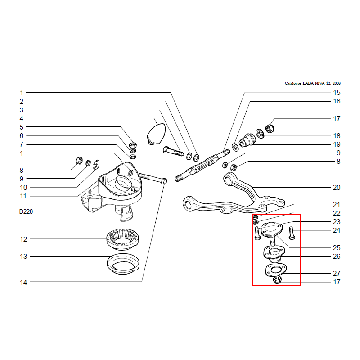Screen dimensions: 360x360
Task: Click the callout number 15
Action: coord(337,93)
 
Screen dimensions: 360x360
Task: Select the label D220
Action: coord(26,211)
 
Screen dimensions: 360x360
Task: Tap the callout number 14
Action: coord(23,283)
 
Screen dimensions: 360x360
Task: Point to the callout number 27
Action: coord(337,274)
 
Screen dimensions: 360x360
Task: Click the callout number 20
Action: coord(337,188)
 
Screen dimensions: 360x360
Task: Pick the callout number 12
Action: coord(23,239)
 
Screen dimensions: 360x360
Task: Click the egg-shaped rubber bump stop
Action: coord(156,134)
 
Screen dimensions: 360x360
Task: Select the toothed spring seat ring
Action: coord(122,239)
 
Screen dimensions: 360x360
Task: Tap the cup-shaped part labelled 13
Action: coord(123,264)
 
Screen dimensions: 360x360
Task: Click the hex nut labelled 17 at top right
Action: coord(270,128)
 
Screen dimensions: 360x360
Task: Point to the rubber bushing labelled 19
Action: coord(247,140)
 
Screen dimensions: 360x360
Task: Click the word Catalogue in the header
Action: coord(293,83)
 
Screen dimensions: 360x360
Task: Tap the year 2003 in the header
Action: coord(337,83)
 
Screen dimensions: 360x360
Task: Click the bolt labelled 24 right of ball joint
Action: coord(292,233)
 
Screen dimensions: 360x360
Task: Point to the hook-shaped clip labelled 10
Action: coord(97,165)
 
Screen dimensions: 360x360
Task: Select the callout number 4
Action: coord(21,119)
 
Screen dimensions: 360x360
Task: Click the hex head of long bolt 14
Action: coord(164,181)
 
